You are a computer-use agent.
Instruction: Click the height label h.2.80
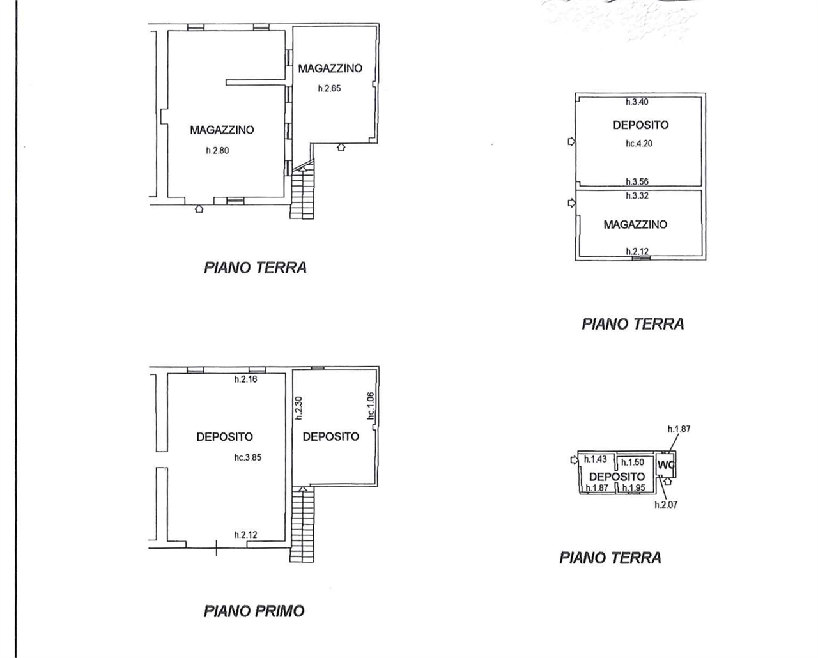click(x=217, y=151)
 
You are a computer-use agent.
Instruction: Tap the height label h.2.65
click(x=330, y=89)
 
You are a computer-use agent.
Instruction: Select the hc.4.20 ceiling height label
click(x=639, y=143)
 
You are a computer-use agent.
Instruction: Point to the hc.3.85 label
click(x=248, y=457)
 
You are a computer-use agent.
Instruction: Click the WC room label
click(x=666, y=465)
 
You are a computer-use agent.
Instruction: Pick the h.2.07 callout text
click(x=666, y=505)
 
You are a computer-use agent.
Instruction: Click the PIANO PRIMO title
click(x=254, y=611)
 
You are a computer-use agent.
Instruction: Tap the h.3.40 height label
click(x=637, y=102)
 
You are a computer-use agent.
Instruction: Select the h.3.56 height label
click(x=637, y=181)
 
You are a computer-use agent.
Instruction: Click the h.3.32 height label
click(x=637, y=195)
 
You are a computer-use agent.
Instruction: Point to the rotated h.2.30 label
click(x=299, y=408)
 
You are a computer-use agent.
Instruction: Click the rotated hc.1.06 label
click(x=371, y=406)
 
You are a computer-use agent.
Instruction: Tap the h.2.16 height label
click(x=245, y=379)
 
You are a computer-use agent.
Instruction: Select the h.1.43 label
click(x=595, y=459)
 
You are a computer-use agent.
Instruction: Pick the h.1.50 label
click(x=633, y=463)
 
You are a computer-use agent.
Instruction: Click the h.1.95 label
click(x=634, y=487)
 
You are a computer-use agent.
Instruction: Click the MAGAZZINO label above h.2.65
click(x=330, y=68)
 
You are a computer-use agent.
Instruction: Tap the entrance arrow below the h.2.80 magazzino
click(x=199, y=209)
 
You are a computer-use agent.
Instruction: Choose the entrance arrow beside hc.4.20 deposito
click(x=571, y=141)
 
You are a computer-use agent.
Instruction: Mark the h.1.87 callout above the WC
click(x=679, y=429)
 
